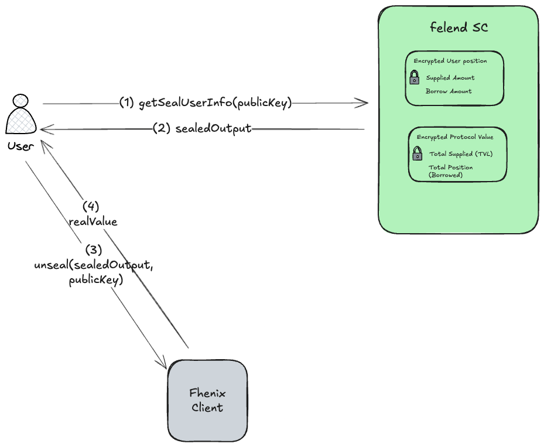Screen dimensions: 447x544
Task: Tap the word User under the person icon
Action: (20, 145)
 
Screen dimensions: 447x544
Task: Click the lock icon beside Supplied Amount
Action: (414, 77)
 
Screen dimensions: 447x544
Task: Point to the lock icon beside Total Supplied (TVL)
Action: (417, 154)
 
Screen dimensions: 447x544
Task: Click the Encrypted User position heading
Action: (450, 61)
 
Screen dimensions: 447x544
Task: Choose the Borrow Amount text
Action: (449, 91)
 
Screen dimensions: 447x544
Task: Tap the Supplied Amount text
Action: (450, 78)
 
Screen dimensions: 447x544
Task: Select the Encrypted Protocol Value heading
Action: (455, 137)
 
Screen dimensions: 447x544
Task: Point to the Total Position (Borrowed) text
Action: (450, 171)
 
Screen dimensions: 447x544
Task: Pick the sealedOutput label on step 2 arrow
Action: (213, 129)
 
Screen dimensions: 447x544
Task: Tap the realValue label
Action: (94, 221)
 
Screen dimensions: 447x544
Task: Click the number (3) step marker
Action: (94, 250)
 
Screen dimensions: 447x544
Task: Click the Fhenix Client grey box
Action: (207, 400)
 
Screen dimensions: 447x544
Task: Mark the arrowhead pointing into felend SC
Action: (364, 104)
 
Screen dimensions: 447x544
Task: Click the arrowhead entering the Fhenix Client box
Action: (163, 365)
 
